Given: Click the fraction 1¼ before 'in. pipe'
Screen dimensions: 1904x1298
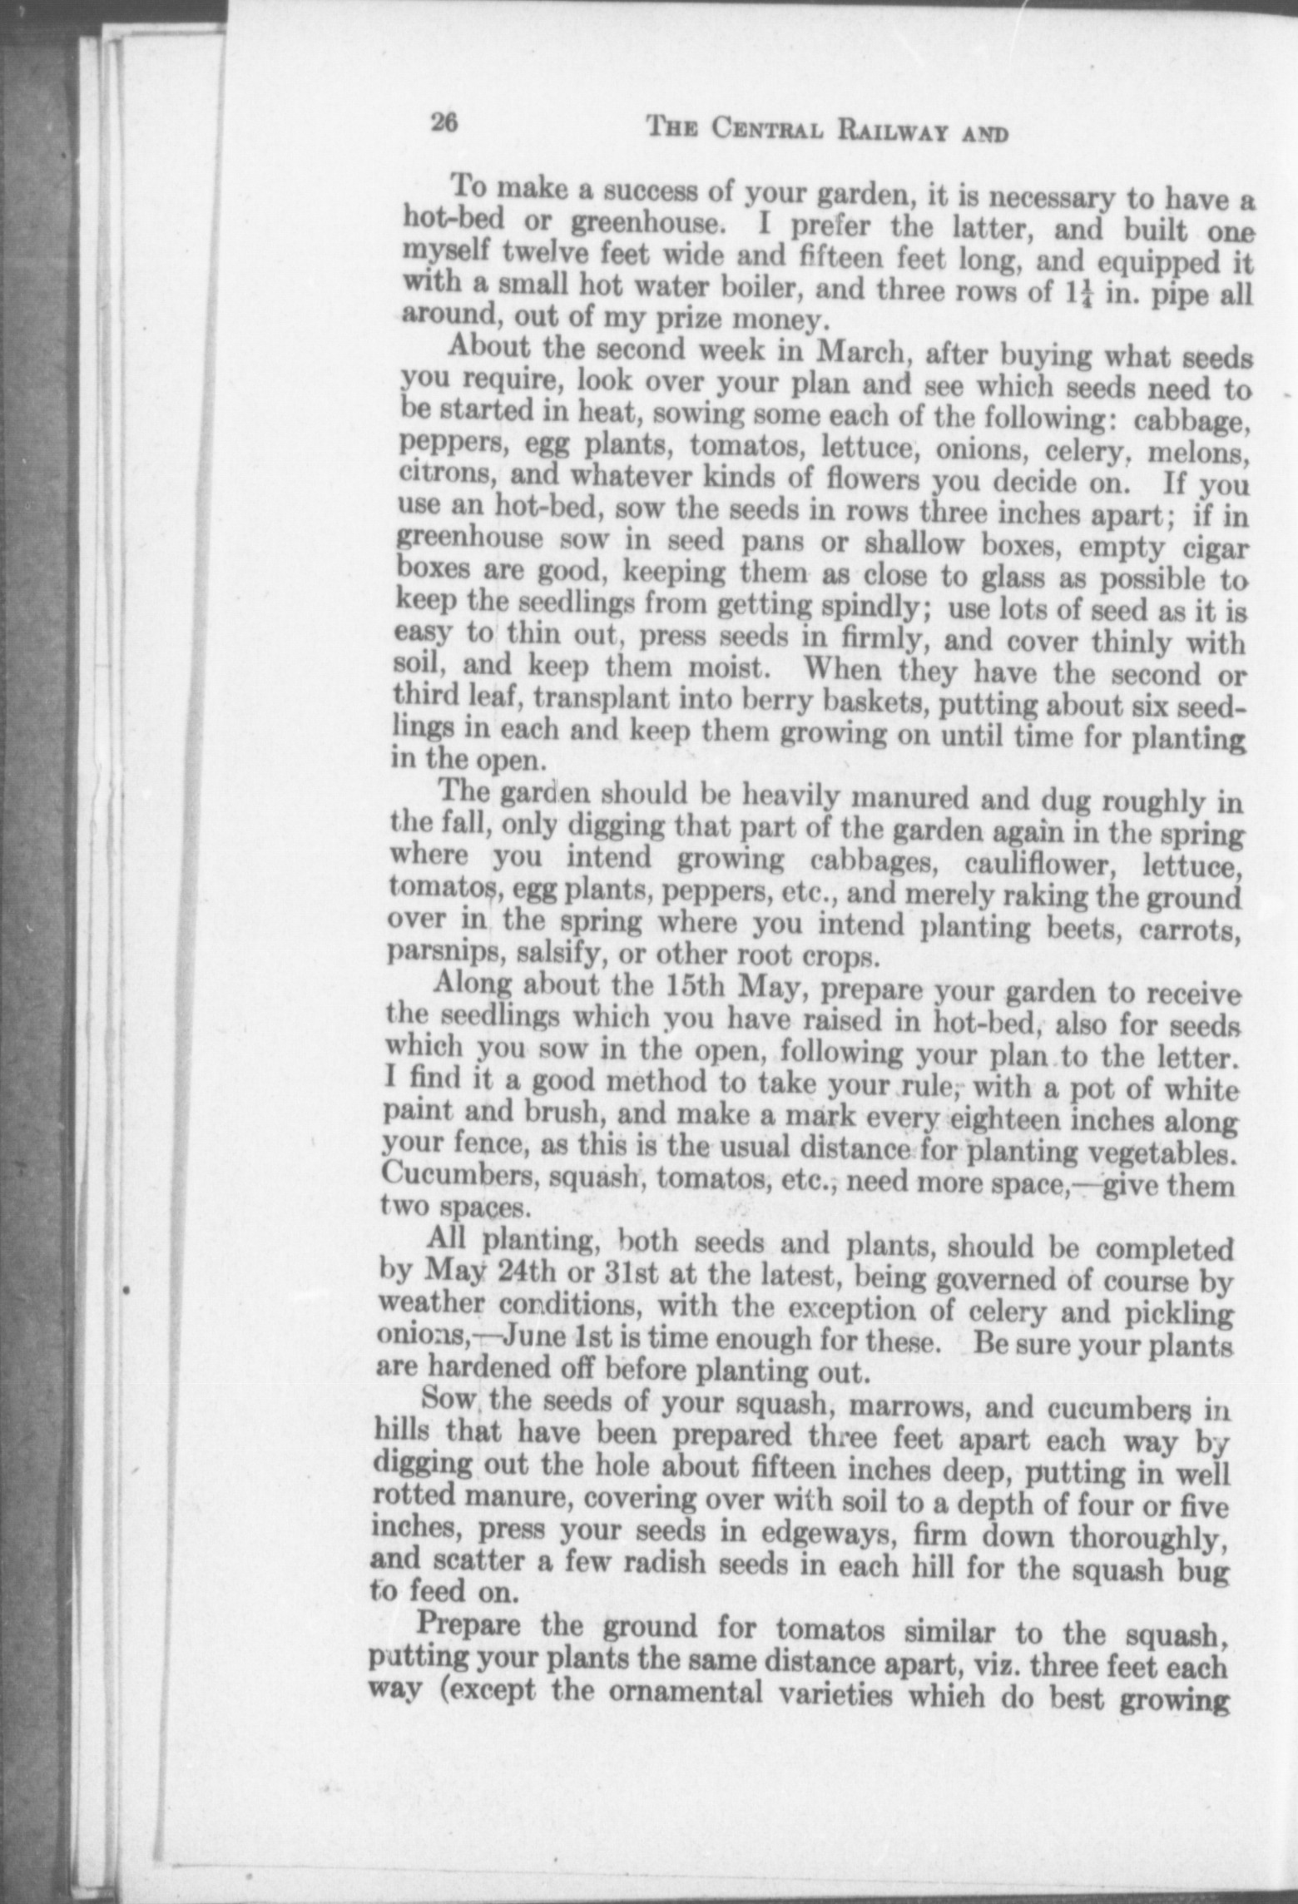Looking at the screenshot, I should tap(1082, 294).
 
